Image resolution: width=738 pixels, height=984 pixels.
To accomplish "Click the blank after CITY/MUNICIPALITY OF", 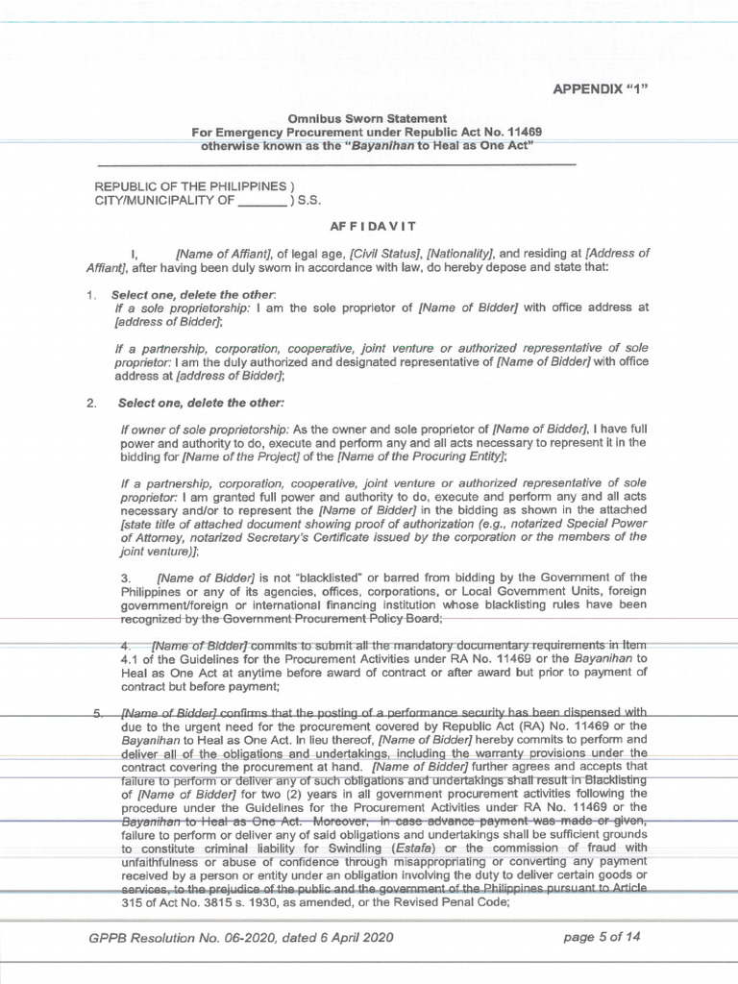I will click(x=261, y=201).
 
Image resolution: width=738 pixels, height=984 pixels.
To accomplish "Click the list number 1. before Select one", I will click(x=91, y=292).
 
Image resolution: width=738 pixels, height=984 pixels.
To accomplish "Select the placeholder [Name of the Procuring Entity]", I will click(x=432, y=457).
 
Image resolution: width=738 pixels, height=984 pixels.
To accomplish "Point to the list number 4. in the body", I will click(x=124, y=643).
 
